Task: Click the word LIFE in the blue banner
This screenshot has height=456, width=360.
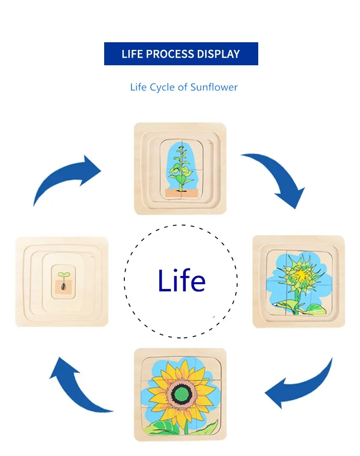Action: pos(132,54)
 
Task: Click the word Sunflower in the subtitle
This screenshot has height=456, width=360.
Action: pos(214,87)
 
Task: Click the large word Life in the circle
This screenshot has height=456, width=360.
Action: pos(181,281)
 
